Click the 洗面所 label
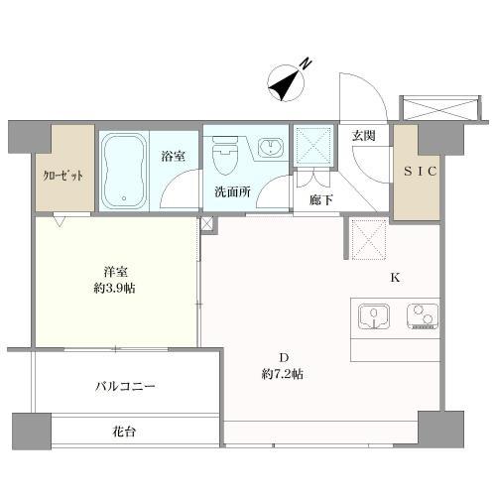(230, 192)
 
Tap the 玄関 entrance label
(362, 136)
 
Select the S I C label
(417, 171)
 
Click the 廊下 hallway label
(319, 198)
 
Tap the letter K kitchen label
(394, 277)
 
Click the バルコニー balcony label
(125, 386)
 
